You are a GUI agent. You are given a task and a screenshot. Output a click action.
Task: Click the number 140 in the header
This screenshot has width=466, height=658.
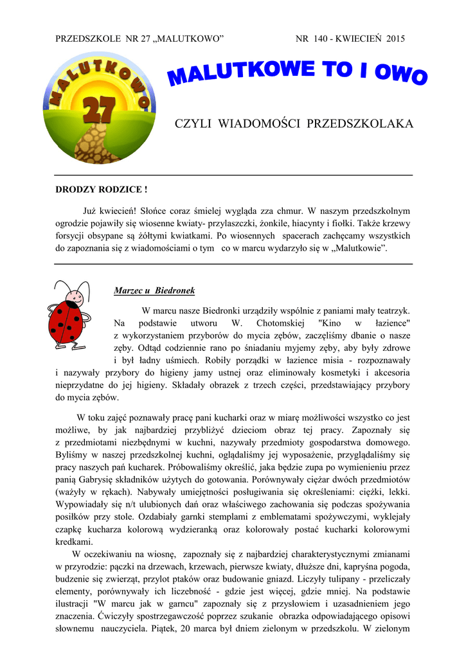point(320,39)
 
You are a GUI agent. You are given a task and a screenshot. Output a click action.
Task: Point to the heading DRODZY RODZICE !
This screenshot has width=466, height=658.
point(102,190)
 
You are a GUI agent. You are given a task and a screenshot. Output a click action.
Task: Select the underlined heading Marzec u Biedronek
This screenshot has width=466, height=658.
point(154,291)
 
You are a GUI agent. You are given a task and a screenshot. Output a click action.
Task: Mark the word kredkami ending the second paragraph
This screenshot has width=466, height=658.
point(74,541)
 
